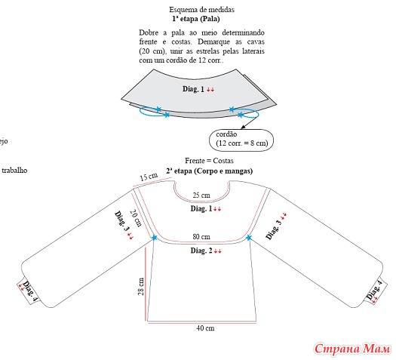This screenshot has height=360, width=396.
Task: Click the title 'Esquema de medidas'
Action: (x=201, y=10)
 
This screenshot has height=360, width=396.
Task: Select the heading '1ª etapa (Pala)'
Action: (x=196, y=19)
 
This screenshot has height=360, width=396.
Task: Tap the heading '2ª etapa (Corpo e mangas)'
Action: (x=210, y=171)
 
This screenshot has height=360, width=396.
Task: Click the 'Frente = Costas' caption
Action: (x=209, y=161)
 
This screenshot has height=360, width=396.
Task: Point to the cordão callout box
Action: (x=241, y=140)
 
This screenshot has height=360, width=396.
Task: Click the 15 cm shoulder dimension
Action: (x=149, y=177)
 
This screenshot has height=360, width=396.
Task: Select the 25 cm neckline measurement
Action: (x=201, y=195)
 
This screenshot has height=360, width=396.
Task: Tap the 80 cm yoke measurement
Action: (x=201, y=237)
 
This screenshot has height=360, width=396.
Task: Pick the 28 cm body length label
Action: (x=140, y=287)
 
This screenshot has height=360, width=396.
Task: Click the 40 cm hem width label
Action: (x=205, y=328)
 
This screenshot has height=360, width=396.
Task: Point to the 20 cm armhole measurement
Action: (x=136, y=218)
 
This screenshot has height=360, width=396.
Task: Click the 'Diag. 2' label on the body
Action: (x=201, y=251)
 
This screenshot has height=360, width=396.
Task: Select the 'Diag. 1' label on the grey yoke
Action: (x=193, y=89)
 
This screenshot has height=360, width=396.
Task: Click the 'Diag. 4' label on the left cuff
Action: (x=30, y=291)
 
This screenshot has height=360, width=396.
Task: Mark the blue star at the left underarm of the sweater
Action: (x=155, y=238)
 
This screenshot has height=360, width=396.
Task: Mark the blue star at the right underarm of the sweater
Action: (x=249, y=238)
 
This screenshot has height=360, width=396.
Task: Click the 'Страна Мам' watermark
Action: (x=352, y=349)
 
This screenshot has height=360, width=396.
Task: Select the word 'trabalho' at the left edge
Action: (x=14, y=171)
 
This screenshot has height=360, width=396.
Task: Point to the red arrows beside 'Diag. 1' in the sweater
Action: (x=217, y=209)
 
